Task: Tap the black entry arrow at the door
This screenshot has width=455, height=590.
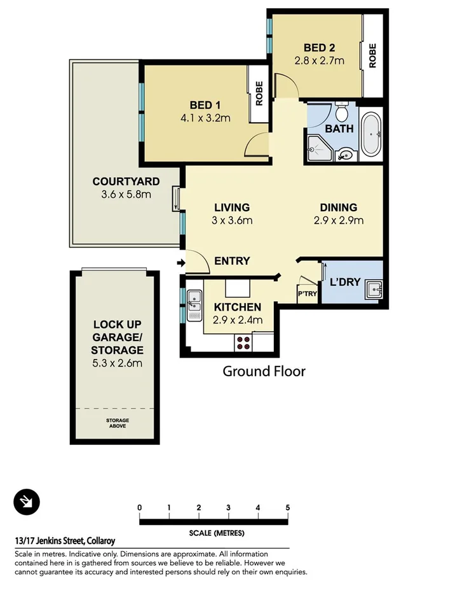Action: [x=180, y=263]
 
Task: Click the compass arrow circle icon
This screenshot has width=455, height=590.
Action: [x=27, y=503]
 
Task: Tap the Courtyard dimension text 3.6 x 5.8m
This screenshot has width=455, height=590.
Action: [x=126, y=194]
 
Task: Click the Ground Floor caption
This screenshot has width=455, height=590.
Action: [x=264, y=371]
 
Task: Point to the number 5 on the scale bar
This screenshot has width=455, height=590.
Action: [x=288, y=507]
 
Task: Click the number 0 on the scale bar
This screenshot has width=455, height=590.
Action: [x=139, y=507]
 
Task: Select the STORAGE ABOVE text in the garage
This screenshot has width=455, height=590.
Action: [x=117, y=423]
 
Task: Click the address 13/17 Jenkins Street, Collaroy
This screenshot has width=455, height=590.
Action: [x=65, y=541]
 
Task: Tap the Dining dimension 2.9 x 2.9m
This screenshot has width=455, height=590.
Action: [x=338, y=221]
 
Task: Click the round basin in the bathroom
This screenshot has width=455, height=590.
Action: [x=346, y=153]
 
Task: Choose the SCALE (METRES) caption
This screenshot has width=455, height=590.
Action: [x=216, y=533]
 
